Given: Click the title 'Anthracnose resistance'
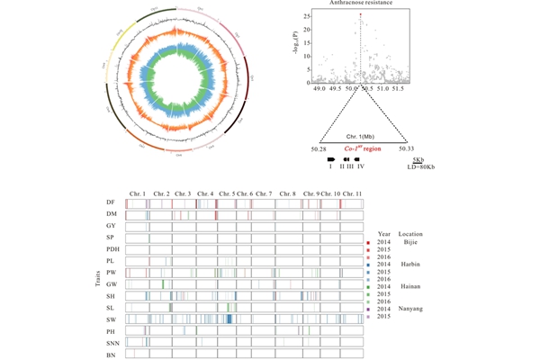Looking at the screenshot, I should tap(361, 4).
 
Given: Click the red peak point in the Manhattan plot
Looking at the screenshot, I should tap(361, 15).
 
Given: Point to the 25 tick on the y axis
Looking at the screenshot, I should tap(308, 16).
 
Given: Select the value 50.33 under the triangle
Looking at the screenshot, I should tap(405, 148).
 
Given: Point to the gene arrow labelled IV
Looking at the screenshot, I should tap(360, 157).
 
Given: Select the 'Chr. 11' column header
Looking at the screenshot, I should tap(354, 194).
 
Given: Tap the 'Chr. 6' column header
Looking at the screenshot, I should tap(244, 194).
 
